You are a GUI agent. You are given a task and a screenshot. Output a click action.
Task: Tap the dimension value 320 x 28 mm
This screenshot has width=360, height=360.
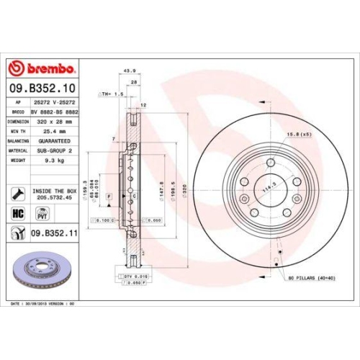click(55, 122)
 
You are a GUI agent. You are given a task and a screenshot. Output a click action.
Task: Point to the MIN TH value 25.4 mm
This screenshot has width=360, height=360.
click(53, 132)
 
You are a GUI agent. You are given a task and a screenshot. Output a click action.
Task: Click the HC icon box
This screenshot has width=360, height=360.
click(19, 214)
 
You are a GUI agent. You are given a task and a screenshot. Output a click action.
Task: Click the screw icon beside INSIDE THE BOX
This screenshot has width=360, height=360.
click(17, 193)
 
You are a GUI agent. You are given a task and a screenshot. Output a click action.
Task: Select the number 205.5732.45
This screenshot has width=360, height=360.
click(55, 197)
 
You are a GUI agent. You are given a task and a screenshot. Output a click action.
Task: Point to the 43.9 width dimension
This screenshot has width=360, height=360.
click(130, 71)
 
